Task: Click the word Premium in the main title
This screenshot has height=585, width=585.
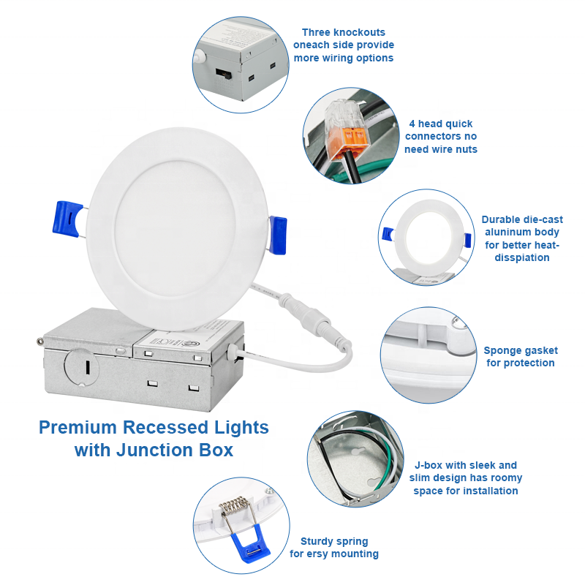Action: coord(78,428)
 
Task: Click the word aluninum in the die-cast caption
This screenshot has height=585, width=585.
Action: coord(503,232)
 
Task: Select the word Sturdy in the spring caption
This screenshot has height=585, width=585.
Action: coord(317,542)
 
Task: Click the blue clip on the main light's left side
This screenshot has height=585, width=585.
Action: coord(67,219)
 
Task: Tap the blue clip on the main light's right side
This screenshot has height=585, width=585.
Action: coord(278,235)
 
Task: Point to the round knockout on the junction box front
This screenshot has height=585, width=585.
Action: coord(81,367)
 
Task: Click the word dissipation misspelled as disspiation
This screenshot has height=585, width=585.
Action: coord(522,258)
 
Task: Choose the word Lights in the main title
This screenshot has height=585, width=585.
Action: coord(241,428)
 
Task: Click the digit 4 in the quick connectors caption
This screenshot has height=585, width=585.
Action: coord(412,124)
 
